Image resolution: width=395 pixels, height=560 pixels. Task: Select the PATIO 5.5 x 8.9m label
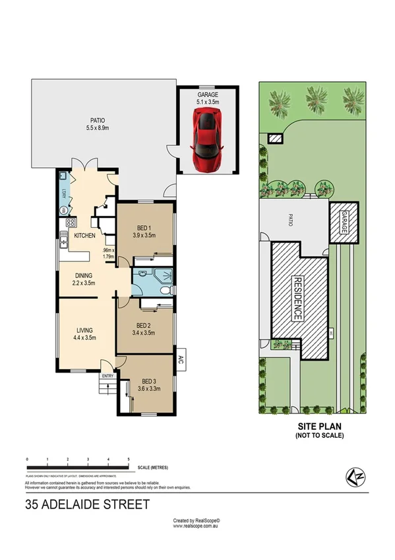[x=98, y=123]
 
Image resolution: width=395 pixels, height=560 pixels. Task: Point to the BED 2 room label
[x=144, y=329]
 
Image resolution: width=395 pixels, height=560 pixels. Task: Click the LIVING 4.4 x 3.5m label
[x=84, y=333]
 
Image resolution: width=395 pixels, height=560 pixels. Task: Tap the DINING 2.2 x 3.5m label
[x=84, y=279]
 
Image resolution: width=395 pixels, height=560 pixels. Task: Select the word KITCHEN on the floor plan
[x=85, y=236]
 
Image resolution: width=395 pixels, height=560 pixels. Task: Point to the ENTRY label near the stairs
[x=107, y=376]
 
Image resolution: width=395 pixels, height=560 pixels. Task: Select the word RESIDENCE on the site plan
[x=297, y=298]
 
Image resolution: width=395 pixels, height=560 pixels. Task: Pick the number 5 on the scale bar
[x=129, y=458]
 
